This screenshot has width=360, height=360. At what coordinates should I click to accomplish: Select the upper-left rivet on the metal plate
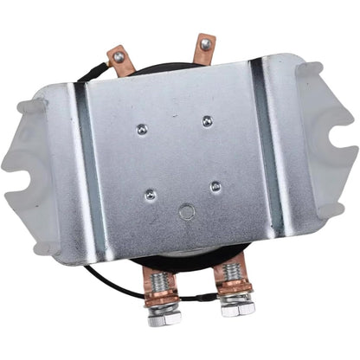point(142,129)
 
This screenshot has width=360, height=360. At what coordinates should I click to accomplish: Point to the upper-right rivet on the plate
point(207,121)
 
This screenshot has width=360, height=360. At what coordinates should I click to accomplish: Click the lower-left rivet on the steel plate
point(151,195)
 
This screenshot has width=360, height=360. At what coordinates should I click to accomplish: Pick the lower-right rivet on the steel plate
point(215,186)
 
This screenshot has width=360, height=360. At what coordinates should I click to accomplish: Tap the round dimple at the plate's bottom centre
point(185,212)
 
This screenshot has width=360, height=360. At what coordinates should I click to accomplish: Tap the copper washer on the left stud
point(164,299)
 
